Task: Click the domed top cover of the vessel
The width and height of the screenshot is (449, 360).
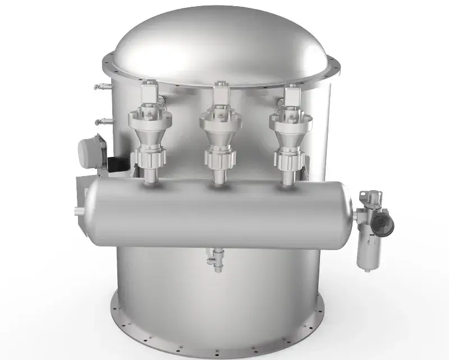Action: tap(224, 42)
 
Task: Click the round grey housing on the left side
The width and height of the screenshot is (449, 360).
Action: tap(93, 150)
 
